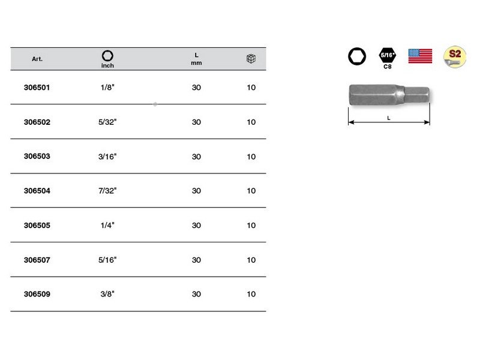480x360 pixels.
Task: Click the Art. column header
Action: pyautogui.click(x=37, y=59)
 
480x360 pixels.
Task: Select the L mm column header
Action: pyautogui.click(x=196, y=59)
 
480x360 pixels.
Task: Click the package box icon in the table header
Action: pyautogui.click(x=251, y=58)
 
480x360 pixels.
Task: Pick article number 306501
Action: pyautogui.click(x=37, y=88)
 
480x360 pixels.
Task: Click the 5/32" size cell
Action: pyautogui.click(x=107, y=122)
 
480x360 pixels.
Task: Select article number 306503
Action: pyautogui.click(x=37, y=156)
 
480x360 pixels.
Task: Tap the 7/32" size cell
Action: pyautogui.click(x=107, y=191)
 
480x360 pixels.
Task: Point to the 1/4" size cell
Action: pyautogui.click(x=107, y=226)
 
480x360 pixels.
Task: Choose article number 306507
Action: pyautogui.click(x=37, y=260)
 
